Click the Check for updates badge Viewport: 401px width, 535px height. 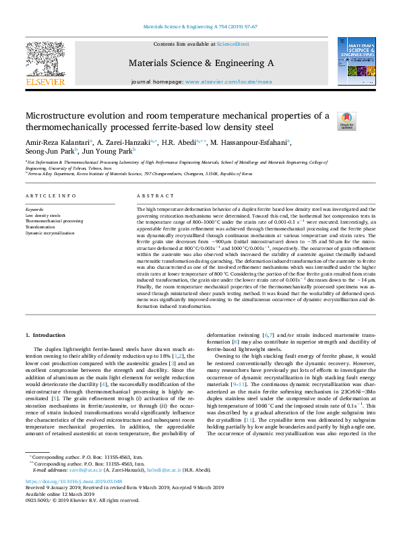[x=347, y=122]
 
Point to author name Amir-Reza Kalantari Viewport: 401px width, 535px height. [x=57, y=142]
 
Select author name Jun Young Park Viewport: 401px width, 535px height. [x=99, y=153]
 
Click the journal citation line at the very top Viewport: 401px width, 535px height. [x=200, y=27]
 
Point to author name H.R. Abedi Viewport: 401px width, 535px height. [x=183, y=142]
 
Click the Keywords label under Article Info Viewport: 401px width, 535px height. [x=36, y=210]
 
